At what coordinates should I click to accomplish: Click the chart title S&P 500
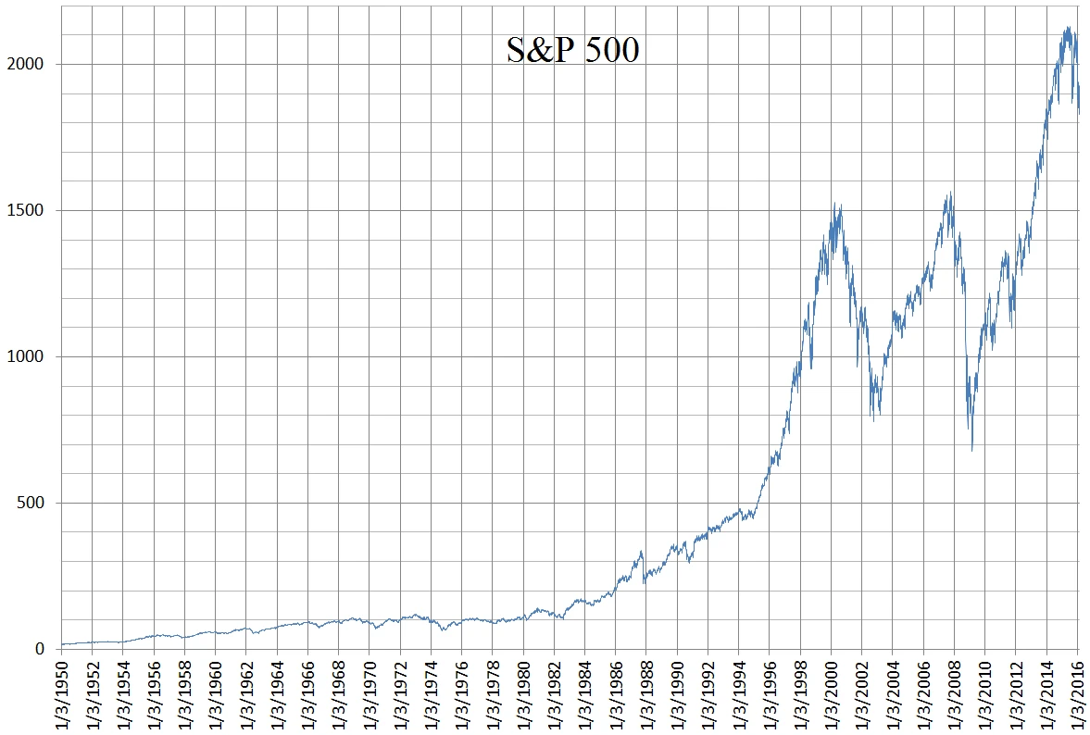point(572,50)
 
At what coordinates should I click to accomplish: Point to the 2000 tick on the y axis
point(25,65)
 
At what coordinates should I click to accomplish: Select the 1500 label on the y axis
point(25,211)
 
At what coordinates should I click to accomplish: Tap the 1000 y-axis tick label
point(25,357)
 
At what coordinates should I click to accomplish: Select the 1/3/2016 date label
point(1078,694)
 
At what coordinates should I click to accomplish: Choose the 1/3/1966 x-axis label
point(308,694)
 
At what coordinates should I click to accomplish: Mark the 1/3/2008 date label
point(955,694)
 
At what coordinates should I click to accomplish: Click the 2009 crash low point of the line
point(971,450)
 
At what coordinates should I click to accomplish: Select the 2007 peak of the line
point(950,193)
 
